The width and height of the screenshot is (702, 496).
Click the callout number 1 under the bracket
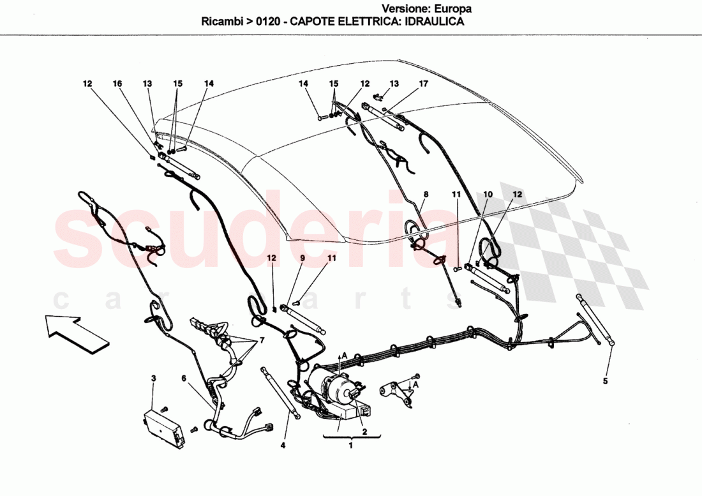click(x=350, y=446)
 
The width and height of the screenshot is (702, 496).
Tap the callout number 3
click(x=153, y=379)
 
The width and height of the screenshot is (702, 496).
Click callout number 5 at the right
click(x=606, y=381)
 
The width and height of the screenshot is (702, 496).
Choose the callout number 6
click(x=184, y=379)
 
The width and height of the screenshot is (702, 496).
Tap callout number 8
click(x=426, y=193)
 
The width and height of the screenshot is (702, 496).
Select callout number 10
click(x=488, y=193)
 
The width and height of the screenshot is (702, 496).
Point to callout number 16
click(x=117, y=84)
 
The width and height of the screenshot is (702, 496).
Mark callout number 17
click(x=423, y=84)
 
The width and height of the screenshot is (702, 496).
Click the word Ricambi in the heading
click(x=222, y=21)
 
